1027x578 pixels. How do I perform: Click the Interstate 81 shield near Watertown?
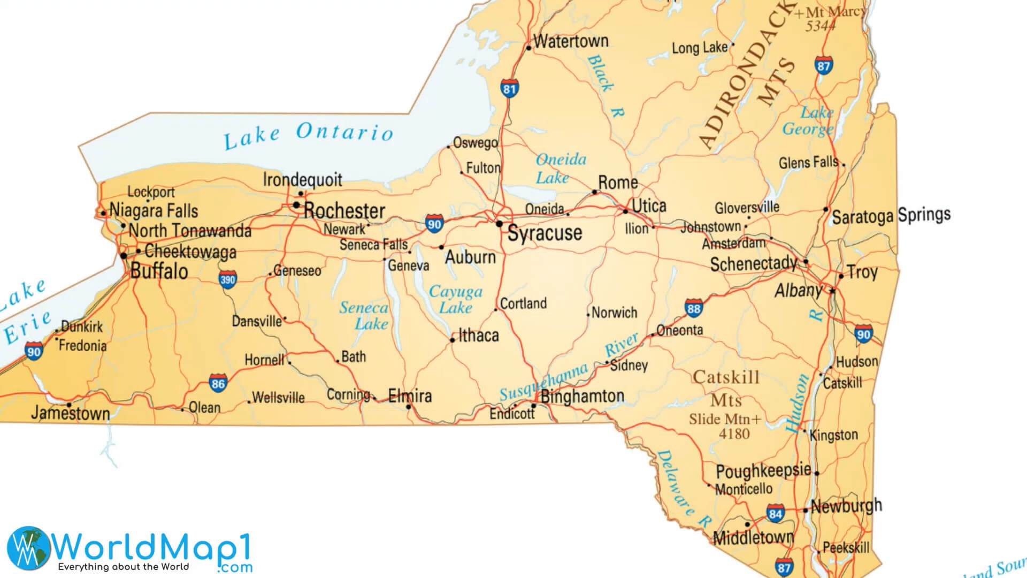point(509,89)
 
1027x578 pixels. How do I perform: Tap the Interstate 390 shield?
point(227,279)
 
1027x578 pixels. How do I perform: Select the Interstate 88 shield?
point(693,308)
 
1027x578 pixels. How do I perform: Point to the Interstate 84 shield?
point(775,514)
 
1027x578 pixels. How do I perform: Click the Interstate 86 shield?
point(218,383)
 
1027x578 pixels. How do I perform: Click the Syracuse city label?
point(544,233)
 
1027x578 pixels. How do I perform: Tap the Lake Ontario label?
point(309,135)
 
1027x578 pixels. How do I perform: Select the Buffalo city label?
point(159,271)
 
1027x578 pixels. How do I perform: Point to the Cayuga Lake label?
point(456,299)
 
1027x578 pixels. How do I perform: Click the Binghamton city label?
point(582,397)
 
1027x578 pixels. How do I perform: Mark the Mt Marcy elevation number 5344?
point(820,26)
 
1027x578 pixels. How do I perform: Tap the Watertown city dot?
point(528,48)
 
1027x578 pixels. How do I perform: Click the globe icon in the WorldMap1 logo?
point(29,547)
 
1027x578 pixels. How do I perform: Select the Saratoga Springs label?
point(891,216)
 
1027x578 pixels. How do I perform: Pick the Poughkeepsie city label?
point(763,471)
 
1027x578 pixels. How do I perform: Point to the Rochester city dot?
point(296,205)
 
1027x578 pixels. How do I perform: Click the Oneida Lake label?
point(561,168)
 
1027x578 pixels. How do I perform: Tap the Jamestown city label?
point(70,413)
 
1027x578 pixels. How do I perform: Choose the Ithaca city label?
point(478,336)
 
